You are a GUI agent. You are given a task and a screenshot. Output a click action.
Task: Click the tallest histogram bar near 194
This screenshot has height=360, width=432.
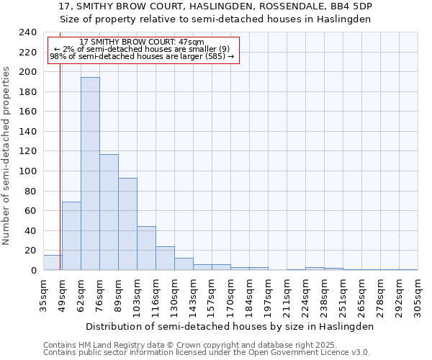[x=90, y=174]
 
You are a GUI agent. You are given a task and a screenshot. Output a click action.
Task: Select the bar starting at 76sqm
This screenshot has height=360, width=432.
[x=109, y=212]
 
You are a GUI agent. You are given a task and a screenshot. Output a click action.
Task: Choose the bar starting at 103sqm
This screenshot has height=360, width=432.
[x=146, y=248]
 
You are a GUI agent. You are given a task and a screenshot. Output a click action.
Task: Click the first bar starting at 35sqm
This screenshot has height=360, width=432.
[x=53, y=263]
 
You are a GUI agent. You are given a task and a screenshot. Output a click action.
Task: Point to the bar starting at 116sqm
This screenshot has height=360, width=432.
[x=165, y=258]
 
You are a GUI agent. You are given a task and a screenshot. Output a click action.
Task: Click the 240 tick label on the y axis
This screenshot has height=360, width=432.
[x=28, y=32]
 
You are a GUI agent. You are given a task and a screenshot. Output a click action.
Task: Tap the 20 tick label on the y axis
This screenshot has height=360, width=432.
[x=31, y=251]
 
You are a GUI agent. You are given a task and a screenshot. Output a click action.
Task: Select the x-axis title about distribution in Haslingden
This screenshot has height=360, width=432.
[x=228, y=326]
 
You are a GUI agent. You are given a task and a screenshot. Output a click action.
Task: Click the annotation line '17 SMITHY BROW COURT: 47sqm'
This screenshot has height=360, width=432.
[x=142, y=42]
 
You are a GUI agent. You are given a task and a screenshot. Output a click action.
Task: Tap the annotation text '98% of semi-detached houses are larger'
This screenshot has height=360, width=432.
[x=142, y=55]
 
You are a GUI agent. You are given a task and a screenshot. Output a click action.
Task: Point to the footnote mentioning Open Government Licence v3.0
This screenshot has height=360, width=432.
[x=207, y=353]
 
